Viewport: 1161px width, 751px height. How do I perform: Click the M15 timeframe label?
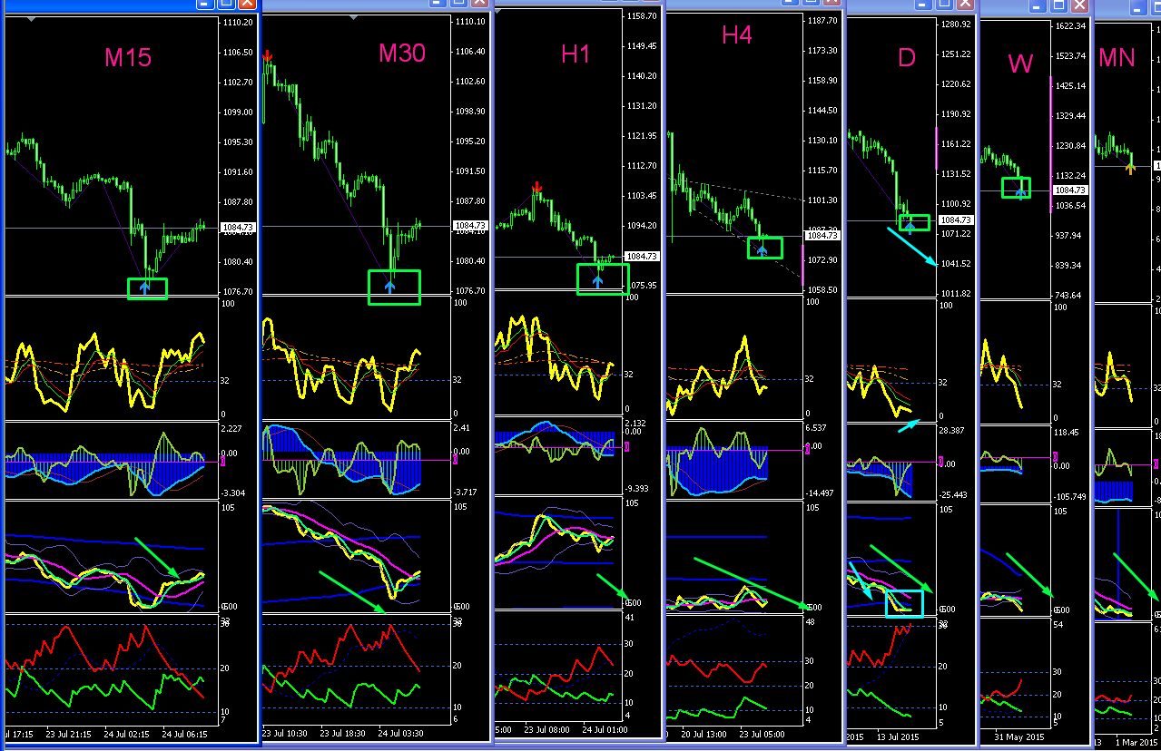pyautogui.click(x=128, y=58)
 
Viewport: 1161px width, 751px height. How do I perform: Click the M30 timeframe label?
pyautogui.click(x=401, y=54)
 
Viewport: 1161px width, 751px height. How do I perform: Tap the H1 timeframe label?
pyautogui.click(x=576, y=54)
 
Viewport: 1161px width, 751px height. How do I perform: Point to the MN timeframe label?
pyautogui.click(x=1117, y=58)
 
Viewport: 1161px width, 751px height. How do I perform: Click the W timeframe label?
pyautogui.click(x=1020, y=63)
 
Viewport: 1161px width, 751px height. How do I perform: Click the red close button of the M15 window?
pyautogui.click(x=247, y=4)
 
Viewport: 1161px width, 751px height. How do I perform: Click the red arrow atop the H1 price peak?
pyautogui.click(x=537, y=189)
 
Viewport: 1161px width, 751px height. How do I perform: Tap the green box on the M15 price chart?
pyautogui.click(x=147, y=288)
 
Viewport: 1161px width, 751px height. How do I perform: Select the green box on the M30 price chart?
pyautogui.click(x=394, y=287)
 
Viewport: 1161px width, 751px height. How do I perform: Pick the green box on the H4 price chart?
pyautogui.click(x=764, y=248)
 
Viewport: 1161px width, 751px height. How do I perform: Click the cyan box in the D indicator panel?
pyautogui.click(x=904, y=603)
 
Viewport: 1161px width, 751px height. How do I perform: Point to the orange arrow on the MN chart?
pyautogui.click(x=1130, y=167)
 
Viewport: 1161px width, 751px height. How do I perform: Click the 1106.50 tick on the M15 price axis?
pyautogui.click(x=237, y=53)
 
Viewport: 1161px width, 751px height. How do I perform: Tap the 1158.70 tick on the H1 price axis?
pyautogui.click(x=641, y=16)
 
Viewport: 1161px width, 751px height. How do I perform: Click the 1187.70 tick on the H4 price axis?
pyautogui.click(x=822, y=21)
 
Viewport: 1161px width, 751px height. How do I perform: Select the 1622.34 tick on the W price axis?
pyautogui.click(x=1070, y=26)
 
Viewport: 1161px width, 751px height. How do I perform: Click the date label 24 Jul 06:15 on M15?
pyautogui.click(x=184, y=734)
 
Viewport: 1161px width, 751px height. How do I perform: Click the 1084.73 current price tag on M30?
pyautogui.click(x=471, y=225)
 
